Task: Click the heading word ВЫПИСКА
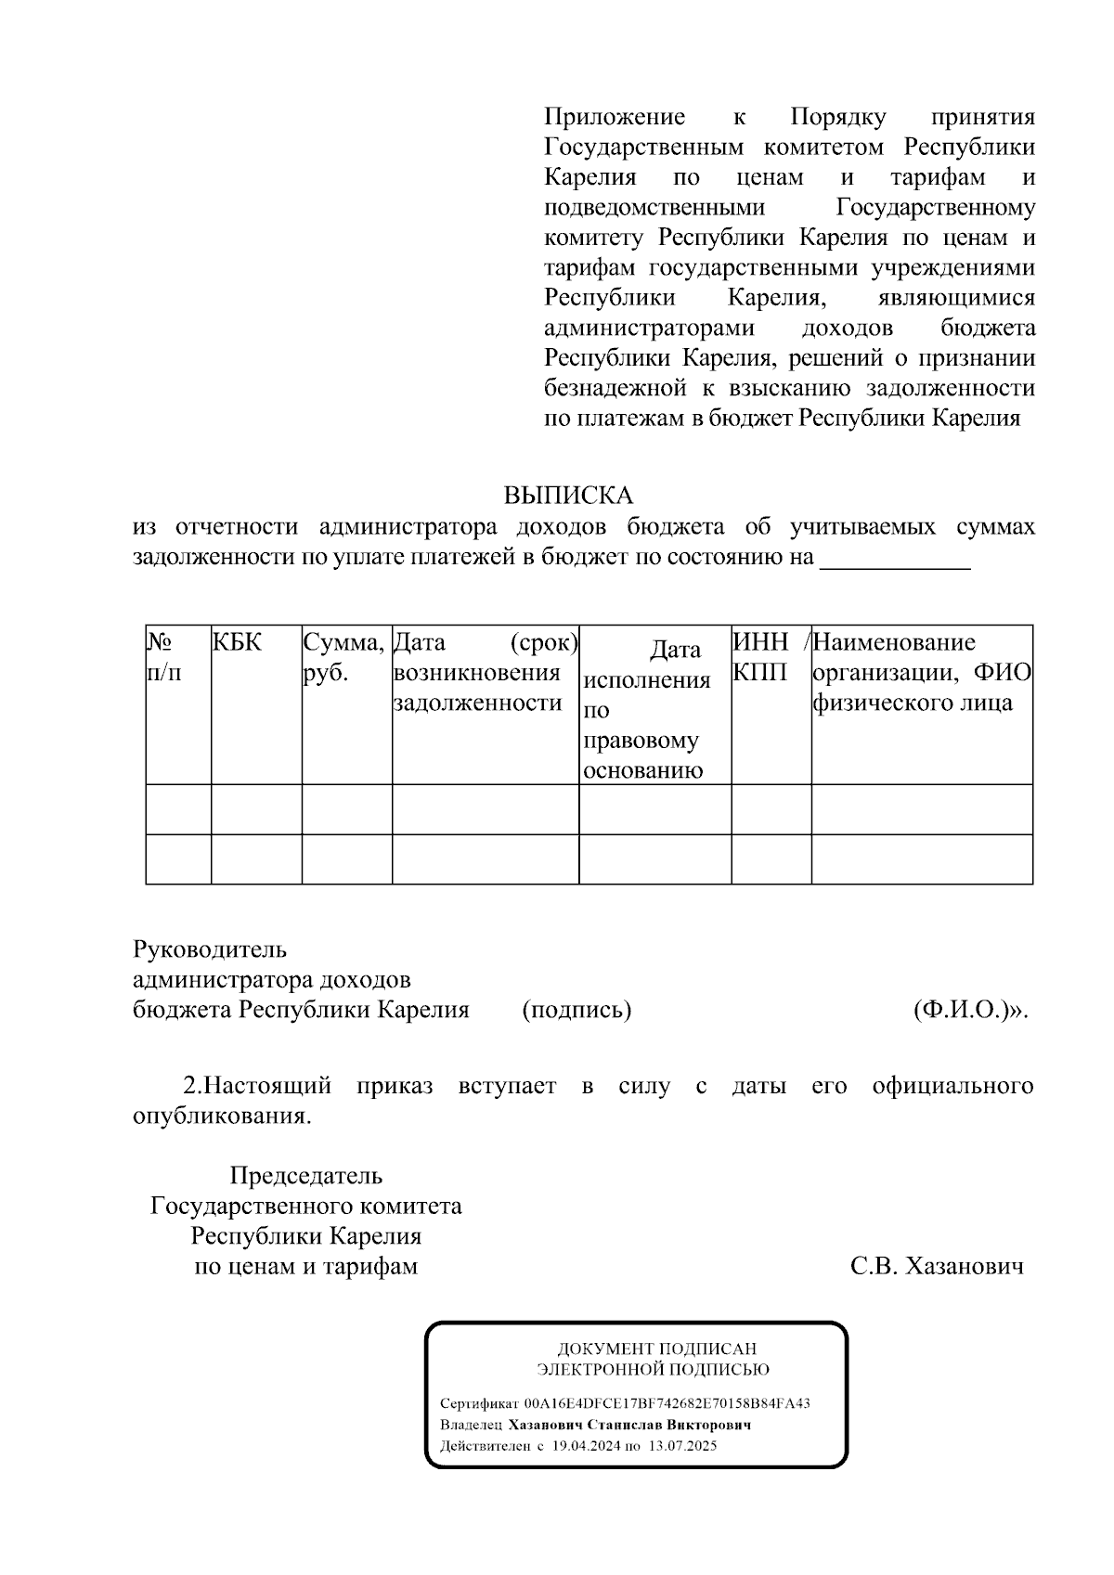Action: point(568,496)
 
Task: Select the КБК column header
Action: point(237,642)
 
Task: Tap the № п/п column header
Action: point(164,657)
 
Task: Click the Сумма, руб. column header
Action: point(343,657)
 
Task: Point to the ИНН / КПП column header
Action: point(771,656)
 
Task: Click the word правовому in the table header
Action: point(641,741)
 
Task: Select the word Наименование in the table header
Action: point(895,642)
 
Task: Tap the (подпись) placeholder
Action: point(576,1010)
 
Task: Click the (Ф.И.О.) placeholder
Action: point(970,1010)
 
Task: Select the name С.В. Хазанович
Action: point(937,1267)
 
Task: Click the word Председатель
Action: point(306,1176)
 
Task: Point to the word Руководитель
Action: point(210,949)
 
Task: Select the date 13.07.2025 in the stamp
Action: point(682,1446)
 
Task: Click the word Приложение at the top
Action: point(615,117)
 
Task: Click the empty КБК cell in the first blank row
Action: point(256,809)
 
